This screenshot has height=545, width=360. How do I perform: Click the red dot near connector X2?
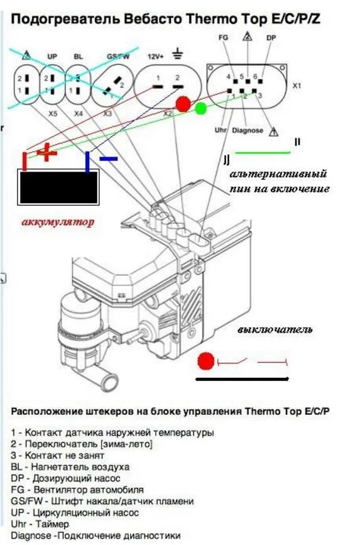point(183,104)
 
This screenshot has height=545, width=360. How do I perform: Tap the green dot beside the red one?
point(201,107)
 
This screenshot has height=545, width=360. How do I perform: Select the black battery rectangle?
point(58,188)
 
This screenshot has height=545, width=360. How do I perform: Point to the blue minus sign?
point(109,159)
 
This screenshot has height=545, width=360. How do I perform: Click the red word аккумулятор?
point(57,222)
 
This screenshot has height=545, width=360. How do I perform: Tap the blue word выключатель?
point(275,329)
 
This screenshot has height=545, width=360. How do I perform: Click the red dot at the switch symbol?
point(205,361)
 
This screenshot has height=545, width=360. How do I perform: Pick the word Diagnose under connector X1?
point(247,131)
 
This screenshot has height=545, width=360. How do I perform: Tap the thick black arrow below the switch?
point(243,379)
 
